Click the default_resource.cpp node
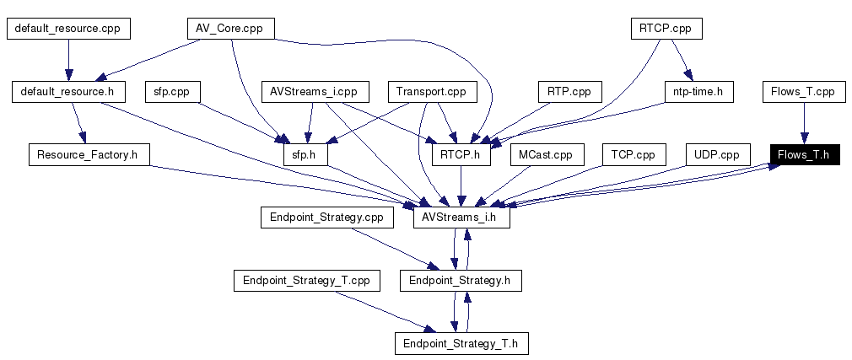pos(67,29)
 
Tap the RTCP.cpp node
pos(666,29)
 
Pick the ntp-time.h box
pos(698,91)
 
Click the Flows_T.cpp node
pos(803,91)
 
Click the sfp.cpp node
pos(171,91)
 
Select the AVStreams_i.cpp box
pos(314,91)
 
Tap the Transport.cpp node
pos(431,91)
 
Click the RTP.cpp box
pos(569,91)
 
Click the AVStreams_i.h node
pos(461,218)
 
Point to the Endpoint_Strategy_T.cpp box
pos(301,281)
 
